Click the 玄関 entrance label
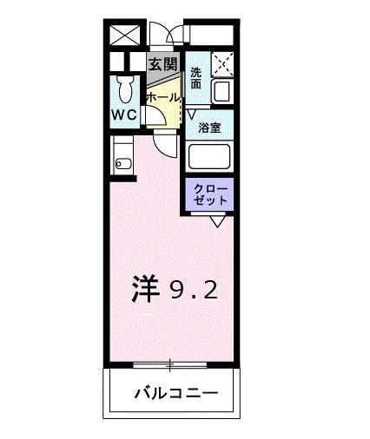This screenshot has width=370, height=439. (x=162, y=64)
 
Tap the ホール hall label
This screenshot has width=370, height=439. (x=162, y=99)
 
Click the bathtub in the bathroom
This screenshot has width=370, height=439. (x=208, y=157)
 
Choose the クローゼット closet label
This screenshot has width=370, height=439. (x=210, y=193)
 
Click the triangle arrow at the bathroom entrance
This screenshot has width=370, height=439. (x=191, y=112)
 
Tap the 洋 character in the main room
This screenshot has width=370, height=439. (x=149, y=289)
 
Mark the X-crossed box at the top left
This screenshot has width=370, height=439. (x=122, y=36)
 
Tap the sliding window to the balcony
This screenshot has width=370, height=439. (x=170, y=362)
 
